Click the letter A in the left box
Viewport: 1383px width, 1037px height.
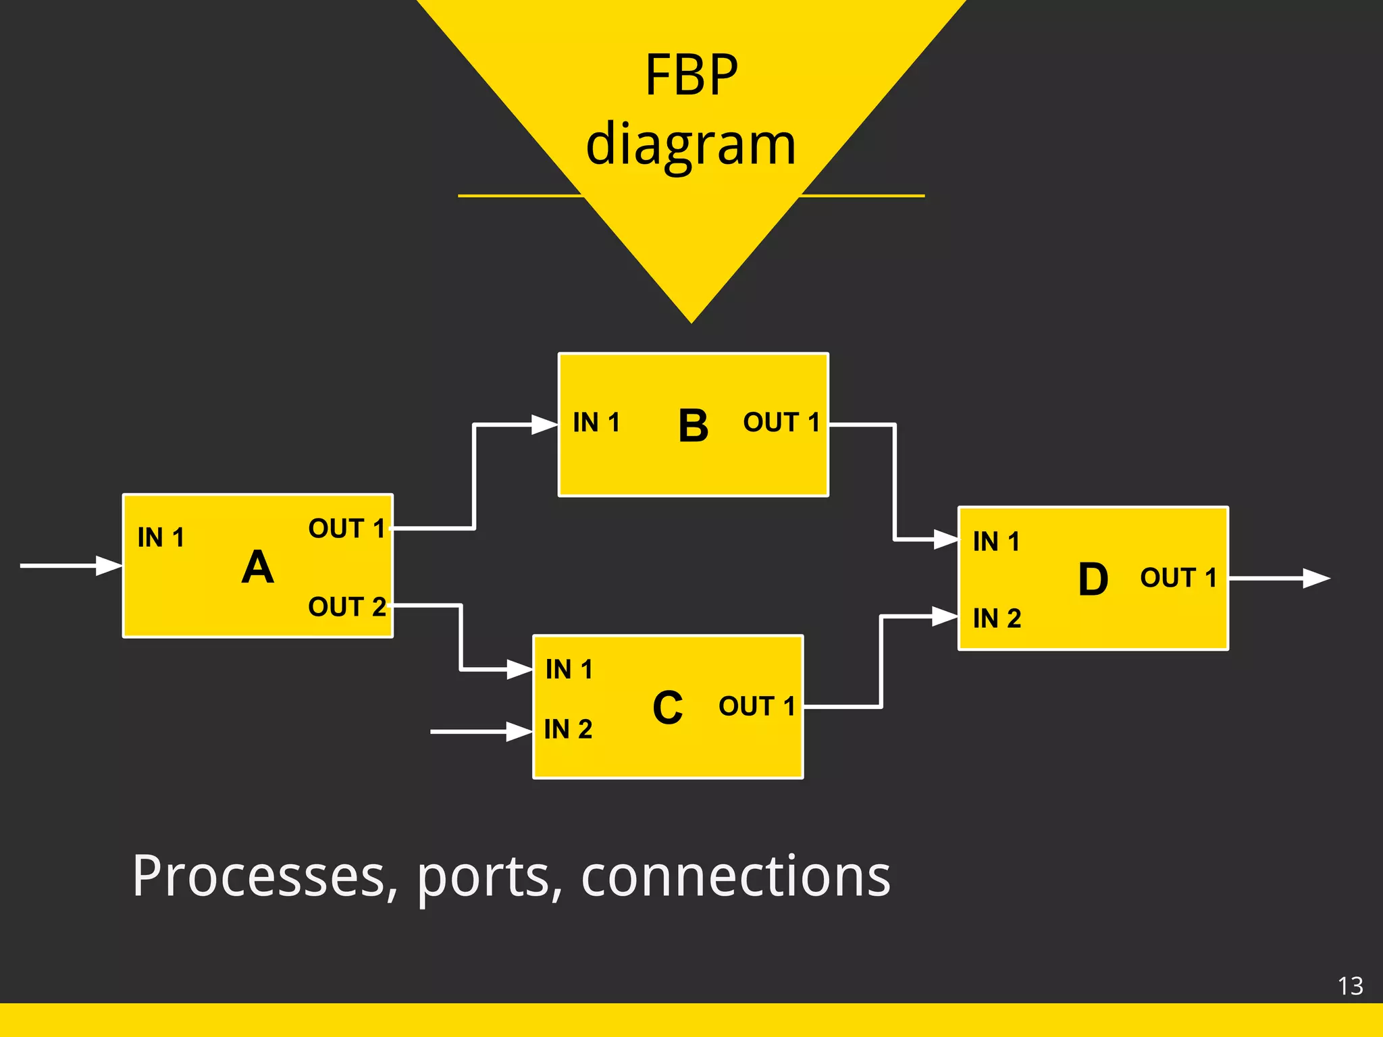(x=257, y=567)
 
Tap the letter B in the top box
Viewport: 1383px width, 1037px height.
(x=693, y=426)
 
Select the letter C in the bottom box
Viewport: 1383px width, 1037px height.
(x=667, y=708)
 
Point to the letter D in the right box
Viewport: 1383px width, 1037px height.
(x=1093, y=579)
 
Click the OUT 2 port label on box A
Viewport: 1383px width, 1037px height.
(x=347, y=606)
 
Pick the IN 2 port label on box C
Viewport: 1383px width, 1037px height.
(x=568, y=729)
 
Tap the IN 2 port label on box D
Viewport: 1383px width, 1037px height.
(x=997, y=618)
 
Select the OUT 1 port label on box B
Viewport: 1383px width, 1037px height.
(x=781, y=423)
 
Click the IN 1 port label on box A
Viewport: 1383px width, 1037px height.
(x=161, y=537)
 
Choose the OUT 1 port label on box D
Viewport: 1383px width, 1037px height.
(x=1178, y=578)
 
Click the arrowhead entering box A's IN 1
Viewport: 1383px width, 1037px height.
(x=109, y=566)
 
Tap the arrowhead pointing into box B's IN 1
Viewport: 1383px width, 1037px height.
(x=544, y=425)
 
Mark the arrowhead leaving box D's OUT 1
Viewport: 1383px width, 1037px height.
(x=1315, y=579)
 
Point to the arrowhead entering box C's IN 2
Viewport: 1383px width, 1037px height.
(x=519, y=731)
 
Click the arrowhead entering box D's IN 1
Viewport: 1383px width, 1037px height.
(x=945, y=539)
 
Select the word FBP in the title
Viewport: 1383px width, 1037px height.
(x=691, y=75)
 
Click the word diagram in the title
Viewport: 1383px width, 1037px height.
(x=691, y=144)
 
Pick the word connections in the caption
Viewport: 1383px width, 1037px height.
(x=735, y=876)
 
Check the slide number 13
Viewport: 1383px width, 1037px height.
(x=1350, y=986)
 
